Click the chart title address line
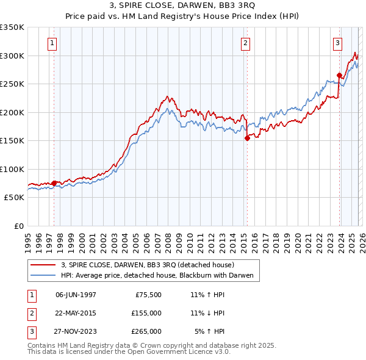click(x=182, y=5)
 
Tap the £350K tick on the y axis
click(x=12, y=27)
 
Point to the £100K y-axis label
click(x=12, y=169)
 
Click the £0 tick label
click(x=19, y=226)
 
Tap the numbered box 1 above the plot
click(x=53, y=43)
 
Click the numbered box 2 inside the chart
click(x=245, y=43)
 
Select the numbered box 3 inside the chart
click(x=337, y=43)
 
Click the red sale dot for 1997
click(x=54, y=183)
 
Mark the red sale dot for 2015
click(x=247, y=139)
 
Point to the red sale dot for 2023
click(x=339, y=76)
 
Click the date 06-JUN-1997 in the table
click(x=76, y=295)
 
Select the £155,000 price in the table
click(x=146, y=313)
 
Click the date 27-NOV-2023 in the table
click(x=76, y=331)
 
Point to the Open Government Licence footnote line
click(x=129, y=352)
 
